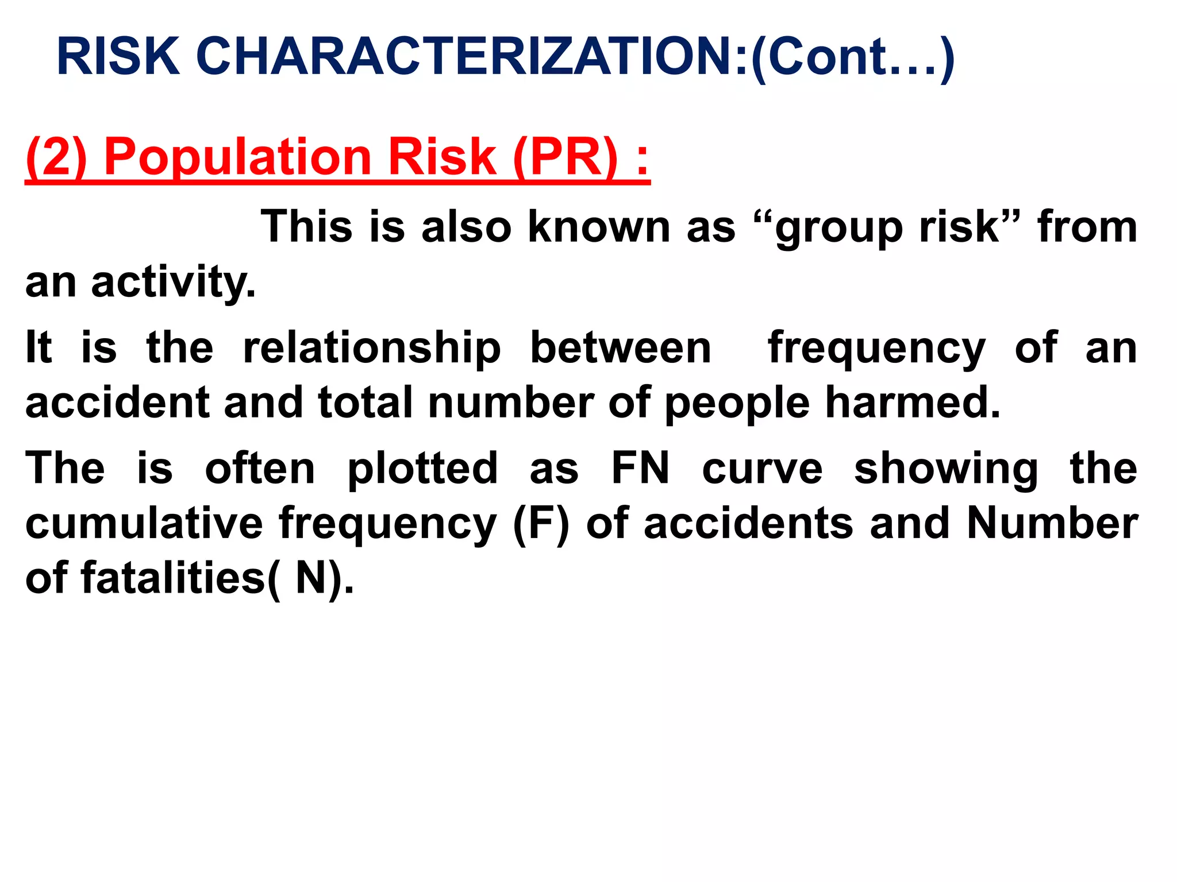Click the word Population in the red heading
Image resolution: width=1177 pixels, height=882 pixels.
[238, 158]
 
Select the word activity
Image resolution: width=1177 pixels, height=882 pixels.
[172, 283]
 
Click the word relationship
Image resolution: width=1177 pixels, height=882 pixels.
[372, 349]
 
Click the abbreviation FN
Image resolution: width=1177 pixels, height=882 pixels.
[640, 468]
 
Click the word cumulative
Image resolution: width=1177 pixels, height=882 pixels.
[144, 523]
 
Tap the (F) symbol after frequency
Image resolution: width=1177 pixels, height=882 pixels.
[540, 524]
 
